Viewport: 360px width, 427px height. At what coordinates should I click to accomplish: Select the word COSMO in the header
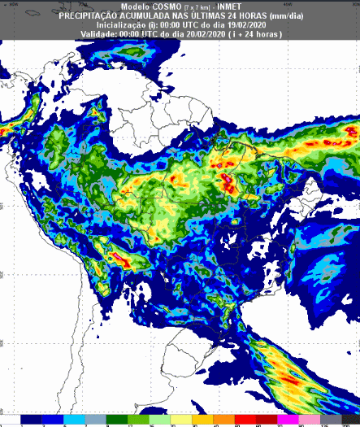click(x=161, y=6)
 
